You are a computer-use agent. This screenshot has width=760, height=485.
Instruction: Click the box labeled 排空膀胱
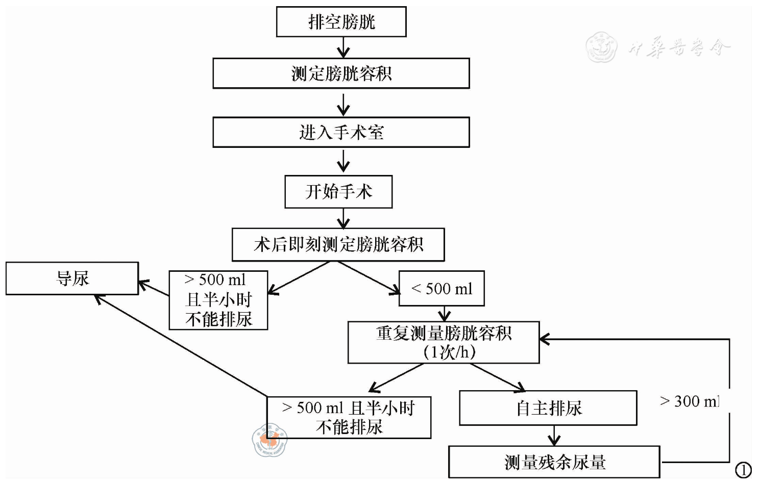point(341,22)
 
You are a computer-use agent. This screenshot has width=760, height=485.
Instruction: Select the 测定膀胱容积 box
point(341,73)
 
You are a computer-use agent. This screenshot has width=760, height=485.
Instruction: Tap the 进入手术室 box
point(341,133)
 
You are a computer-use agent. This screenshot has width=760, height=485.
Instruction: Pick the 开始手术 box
point(338,192)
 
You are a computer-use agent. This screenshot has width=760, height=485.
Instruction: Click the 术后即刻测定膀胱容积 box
point(338,244)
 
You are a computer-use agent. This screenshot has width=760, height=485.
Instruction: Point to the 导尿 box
point(72,278)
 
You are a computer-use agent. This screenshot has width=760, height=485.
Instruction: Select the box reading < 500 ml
point(442,289)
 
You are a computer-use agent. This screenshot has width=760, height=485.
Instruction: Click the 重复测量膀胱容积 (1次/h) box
point(443,342)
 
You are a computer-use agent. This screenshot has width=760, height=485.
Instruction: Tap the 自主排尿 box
point(548,408)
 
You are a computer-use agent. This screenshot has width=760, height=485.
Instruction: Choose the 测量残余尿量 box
point(554,462)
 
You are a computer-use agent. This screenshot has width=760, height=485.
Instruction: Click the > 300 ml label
point(690,401)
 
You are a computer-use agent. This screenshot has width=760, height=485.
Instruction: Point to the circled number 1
point(743,470)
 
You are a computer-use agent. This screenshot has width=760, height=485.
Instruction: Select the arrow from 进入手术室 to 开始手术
point(343,162)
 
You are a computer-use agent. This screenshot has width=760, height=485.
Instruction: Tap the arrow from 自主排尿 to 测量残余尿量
point(554,436)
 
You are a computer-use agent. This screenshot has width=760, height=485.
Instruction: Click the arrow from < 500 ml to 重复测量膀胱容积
point(444,314)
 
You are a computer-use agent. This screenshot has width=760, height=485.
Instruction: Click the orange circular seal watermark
point(269,440)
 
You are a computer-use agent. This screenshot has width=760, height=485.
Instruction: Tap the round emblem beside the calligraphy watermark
point(601,47)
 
